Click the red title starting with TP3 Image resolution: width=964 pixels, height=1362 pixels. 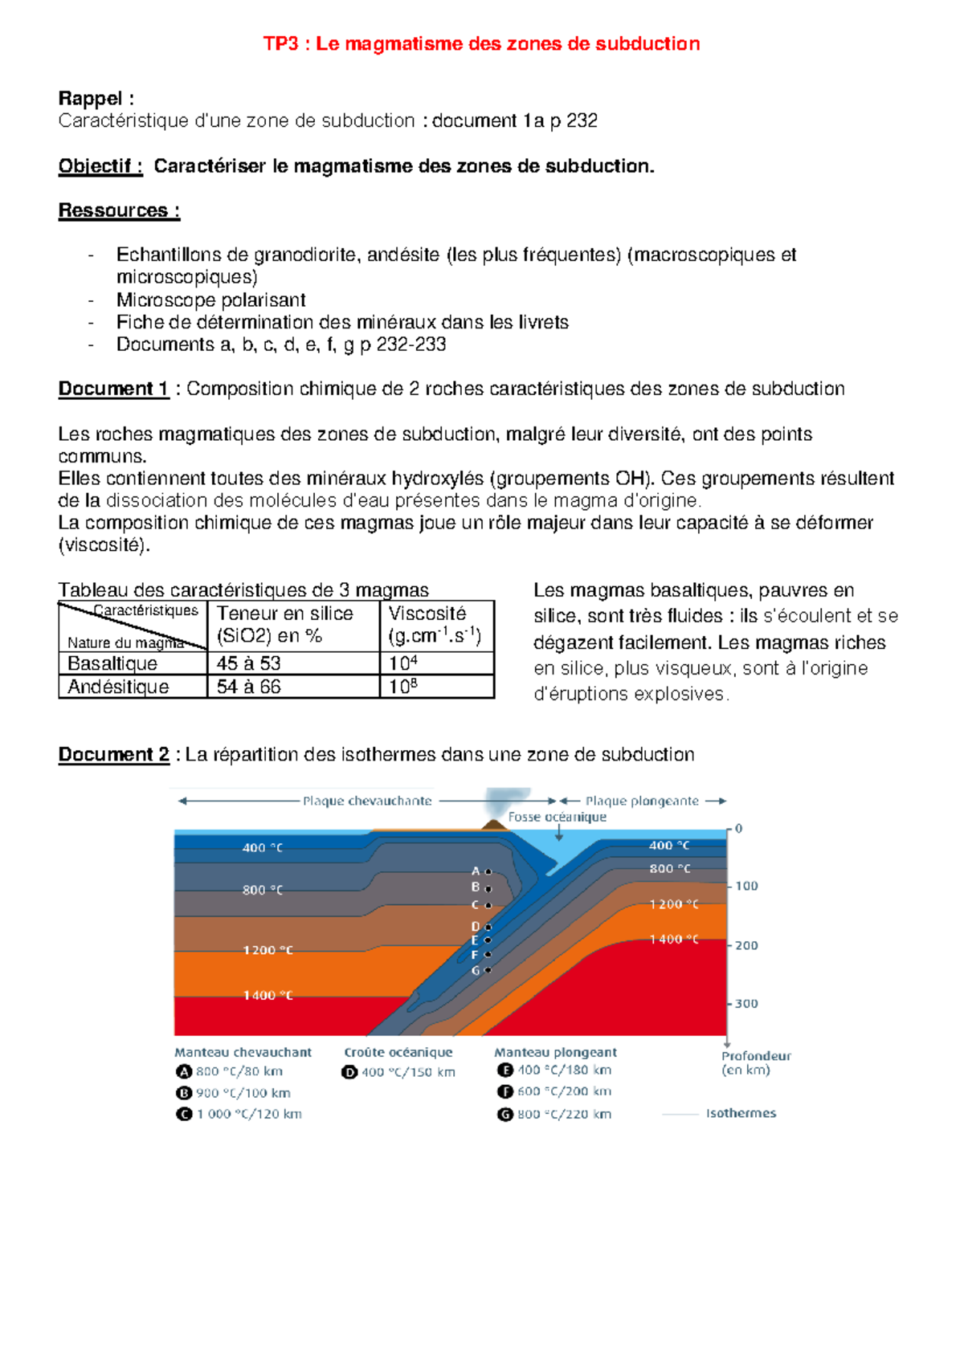coord(481,43)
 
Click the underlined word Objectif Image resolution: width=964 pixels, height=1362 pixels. coord(100,166)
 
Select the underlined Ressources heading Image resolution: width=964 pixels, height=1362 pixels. coord(119,210)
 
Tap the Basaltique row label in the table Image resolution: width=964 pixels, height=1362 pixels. coord(112,663)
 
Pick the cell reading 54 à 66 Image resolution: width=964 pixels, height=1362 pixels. coord(248,687)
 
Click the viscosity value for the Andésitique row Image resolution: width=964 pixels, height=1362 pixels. coord(403,687)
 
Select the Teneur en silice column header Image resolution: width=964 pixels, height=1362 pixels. coord(284,625)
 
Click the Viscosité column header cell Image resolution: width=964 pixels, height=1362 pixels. coord(434,625)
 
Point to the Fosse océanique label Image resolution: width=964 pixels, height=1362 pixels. coord(557,817)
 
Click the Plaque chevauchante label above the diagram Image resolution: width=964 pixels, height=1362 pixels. coord(367,801)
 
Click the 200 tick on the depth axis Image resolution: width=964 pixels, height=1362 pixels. coord(746,945)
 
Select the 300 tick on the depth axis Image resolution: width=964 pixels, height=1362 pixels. coord(746,1004)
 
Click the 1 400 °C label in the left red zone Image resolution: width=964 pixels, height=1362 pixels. coord(268,995)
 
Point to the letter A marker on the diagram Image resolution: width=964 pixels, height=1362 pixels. coord(476,871)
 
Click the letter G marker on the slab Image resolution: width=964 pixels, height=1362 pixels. coord(476,971)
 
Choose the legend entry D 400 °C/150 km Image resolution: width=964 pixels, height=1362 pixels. coord(398,1072)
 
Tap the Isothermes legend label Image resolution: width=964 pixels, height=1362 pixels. coord(741,1113)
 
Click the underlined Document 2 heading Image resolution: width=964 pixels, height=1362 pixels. coord(113,755)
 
